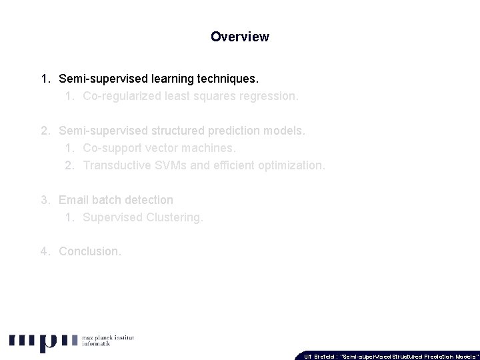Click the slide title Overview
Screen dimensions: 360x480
pos(239,37)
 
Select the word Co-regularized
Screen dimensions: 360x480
pos(119,96)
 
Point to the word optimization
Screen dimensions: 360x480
pos(293,165)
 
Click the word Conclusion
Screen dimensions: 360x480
pos(90,251)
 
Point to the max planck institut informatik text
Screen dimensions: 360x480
pos(107,342)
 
